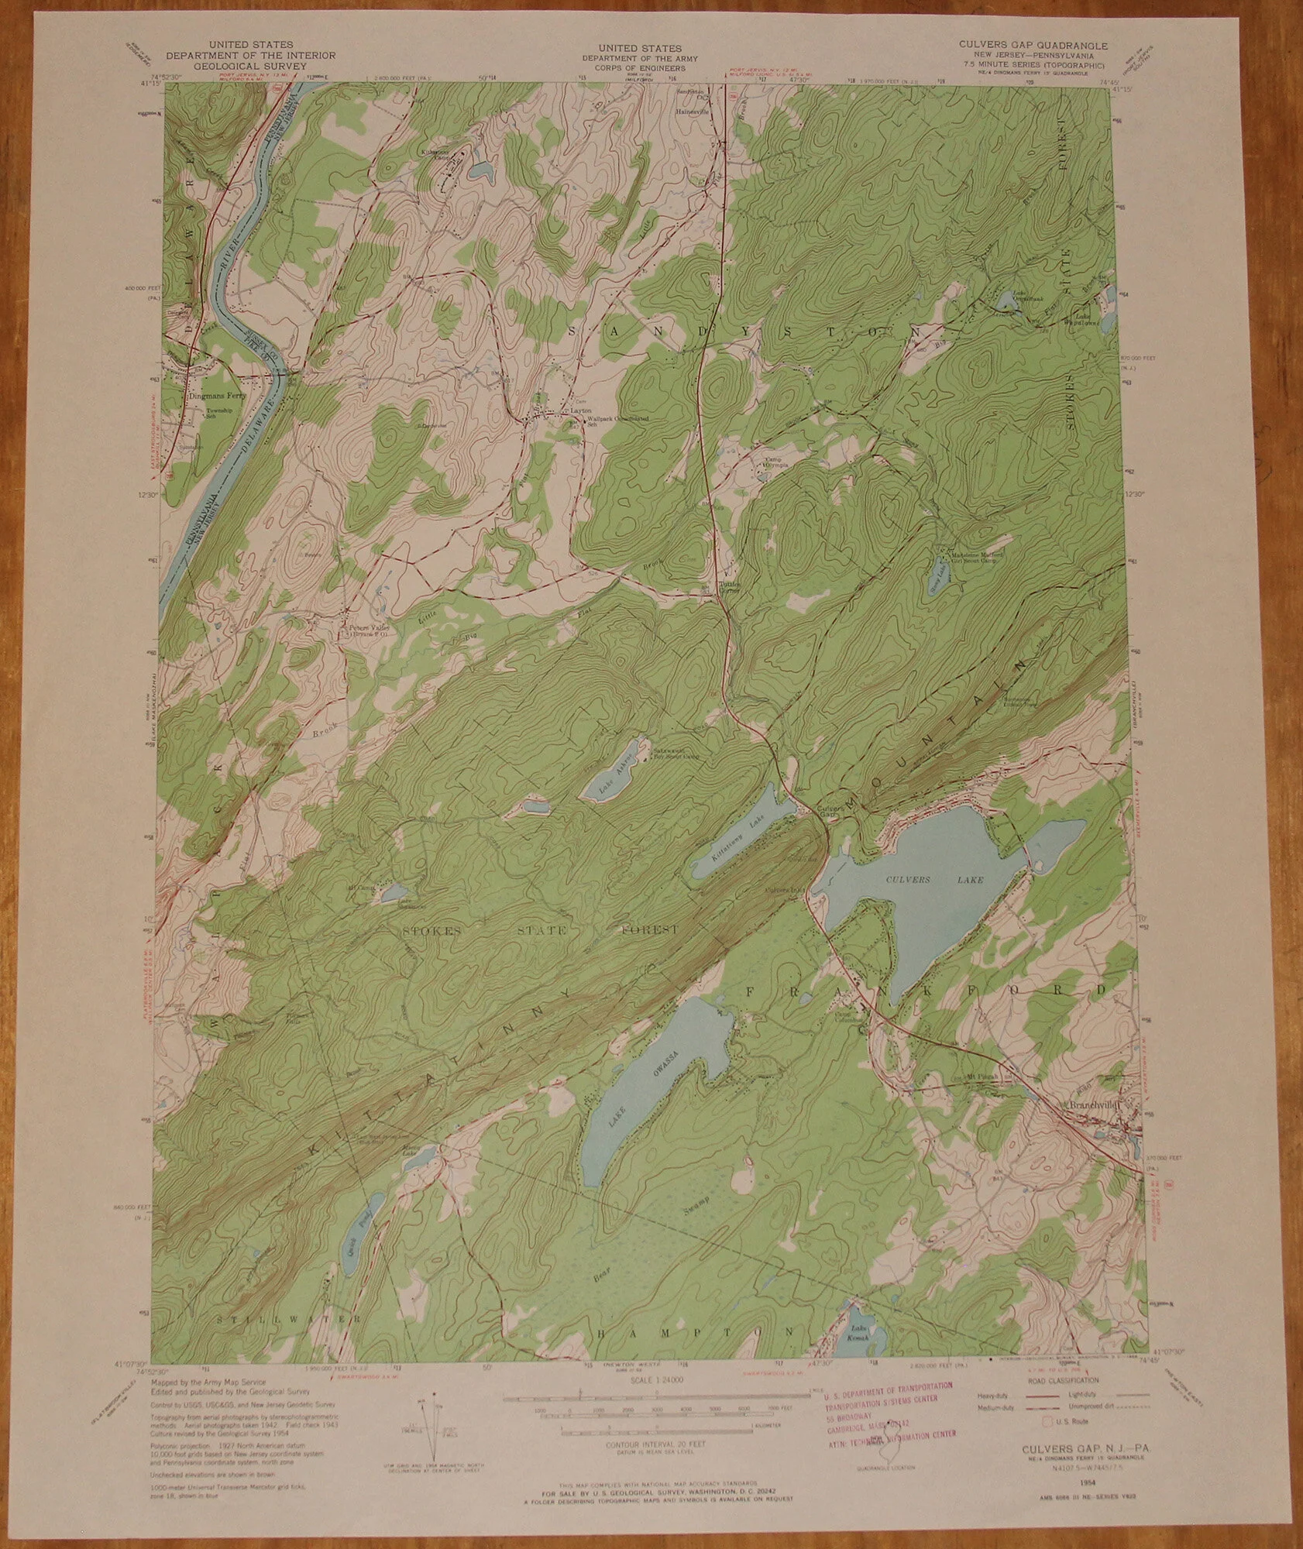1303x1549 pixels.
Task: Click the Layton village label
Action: point(581,408)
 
